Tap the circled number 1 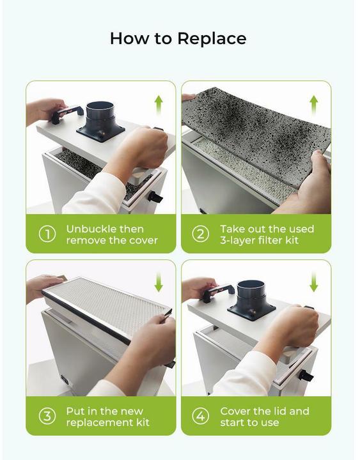[47, 234]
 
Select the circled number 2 [201, 234]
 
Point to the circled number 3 [47, 417]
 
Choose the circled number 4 [201, 417]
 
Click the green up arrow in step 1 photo [159, 104]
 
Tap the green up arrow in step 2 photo [313, 104]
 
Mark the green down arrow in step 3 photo [159, 282]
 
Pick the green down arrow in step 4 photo [313, 282]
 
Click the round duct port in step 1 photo [100, 116]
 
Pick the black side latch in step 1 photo [155, 197]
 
